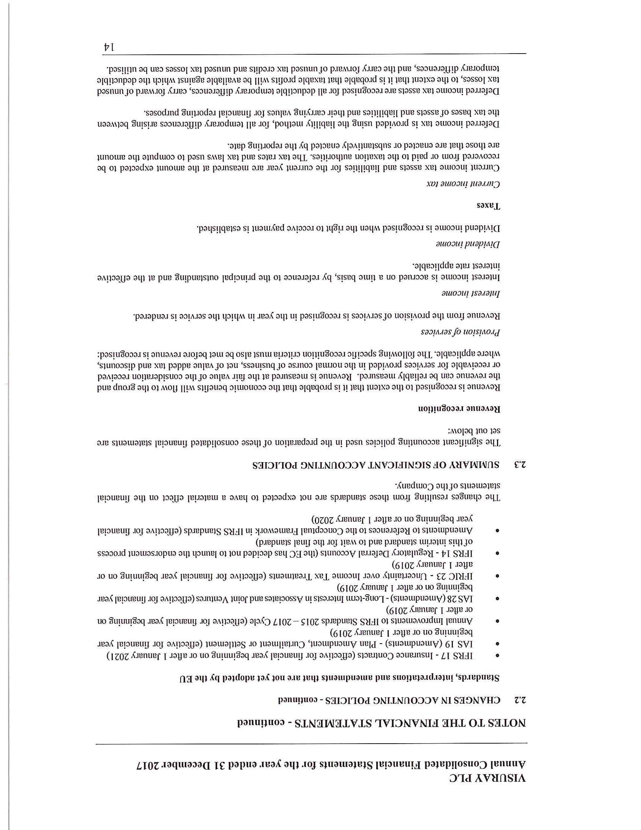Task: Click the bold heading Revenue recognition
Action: coord(459,409)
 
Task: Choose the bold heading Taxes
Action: coord(489,206)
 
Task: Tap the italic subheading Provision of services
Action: coord(460,332)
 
